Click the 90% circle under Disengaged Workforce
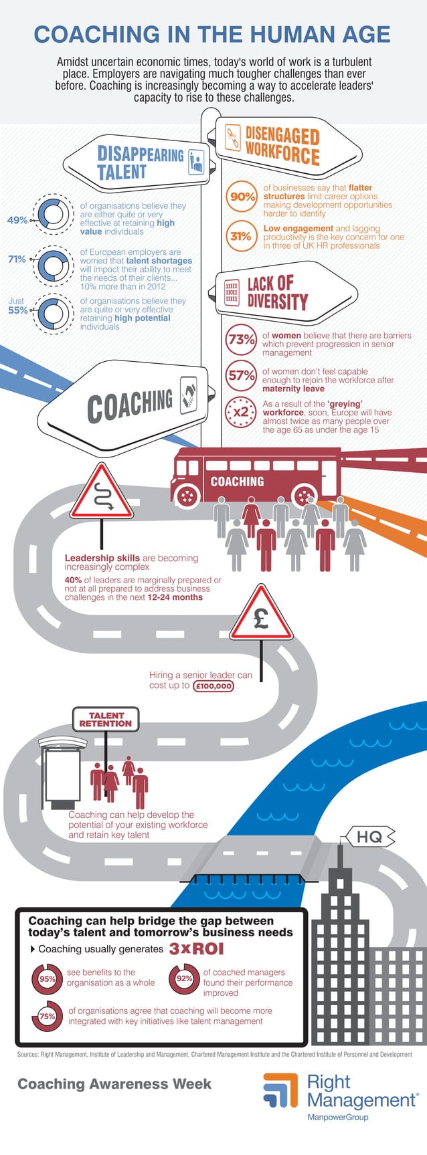point(242,197)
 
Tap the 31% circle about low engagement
point(241,236)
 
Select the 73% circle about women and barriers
point(241,340)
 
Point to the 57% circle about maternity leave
point(241,376)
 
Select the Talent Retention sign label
point(106,719)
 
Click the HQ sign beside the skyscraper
point(369,836)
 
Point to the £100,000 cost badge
point(213,686)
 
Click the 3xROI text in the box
point(196,949)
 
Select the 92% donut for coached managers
point(184,978)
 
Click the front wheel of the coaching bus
point(187,496)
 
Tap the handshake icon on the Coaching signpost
point(189,395)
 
